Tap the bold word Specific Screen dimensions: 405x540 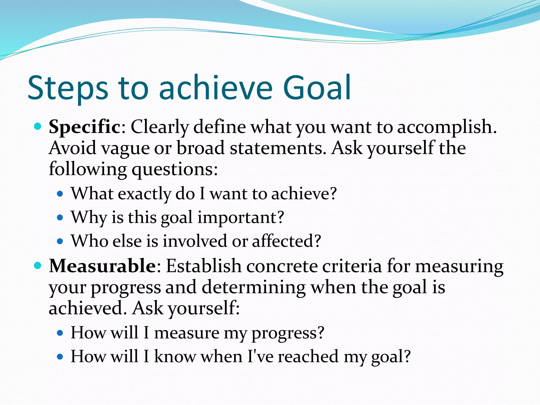[85, 127]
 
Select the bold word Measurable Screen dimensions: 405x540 [103, 266]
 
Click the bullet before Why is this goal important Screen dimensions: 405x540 [60, 218]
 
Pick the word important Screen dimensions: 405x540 [240, 218]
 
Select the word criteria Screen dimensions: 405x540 [352, 266]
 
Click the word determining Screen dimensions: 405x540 [253, 287]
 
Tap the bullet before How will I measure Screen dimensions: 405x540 [60, 333]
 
